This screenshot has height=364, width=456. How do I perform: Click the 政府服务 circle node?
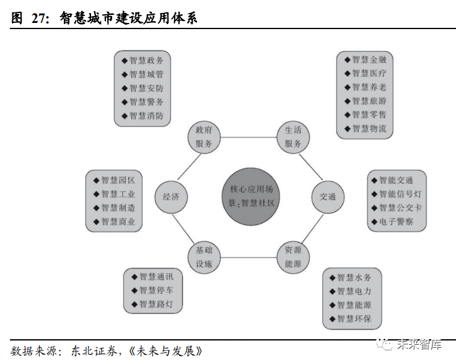pos(204,137)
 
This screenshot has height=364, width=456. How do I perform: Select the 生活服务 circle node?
pos(293,137)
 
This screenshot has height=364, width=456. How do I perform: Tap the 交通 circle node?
pos(327,197)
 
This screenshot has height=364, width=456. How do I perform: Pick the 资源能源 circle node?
pos(293,257)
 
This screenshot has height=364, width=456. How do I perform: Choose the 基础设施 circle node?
pos(204,257)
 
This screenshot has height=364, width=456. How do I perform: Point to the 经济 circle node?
pos(171,197)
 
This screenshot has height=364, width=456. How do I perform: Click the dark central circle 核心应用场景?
pos(248,197)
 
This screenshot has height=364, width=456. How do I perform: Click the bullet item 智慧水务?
pos(354,278)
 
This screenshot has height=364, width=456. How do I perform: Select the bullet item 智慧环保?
pos(354,319)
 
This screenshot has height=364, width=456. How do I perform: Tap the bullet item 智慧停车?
pos(156,290)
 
